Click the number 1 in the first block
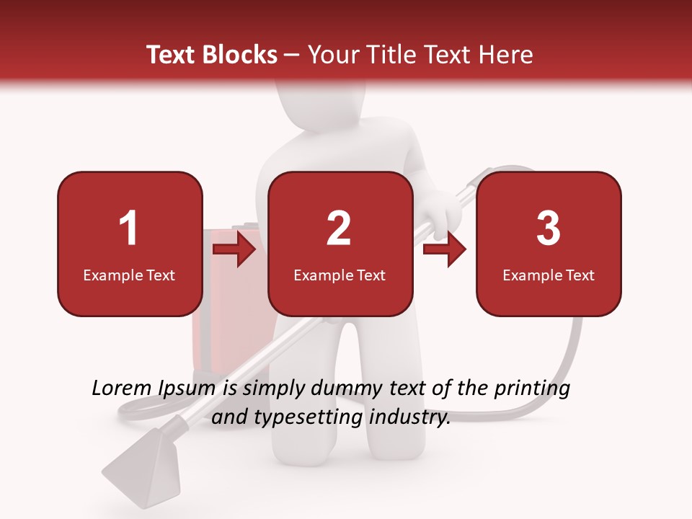[128, 229]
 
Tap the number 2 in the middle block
[339, 229]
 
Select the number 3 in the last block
[549, 229]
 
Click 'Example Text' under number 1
[129, 275]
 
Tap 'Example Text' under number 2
[340, 275]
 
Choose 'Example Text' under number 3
[549, 275]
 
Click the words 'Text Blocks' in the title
[212, 55]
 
